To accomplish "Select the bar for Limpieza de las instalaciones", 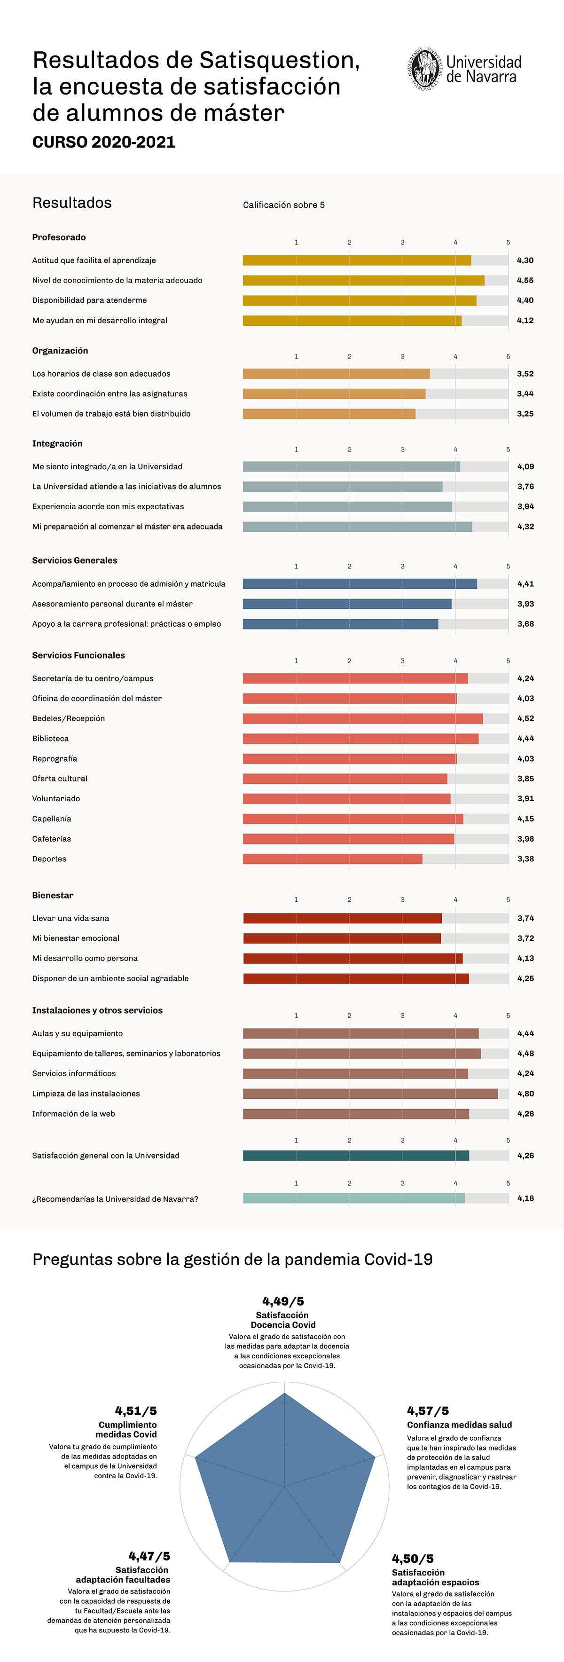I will (x=370, y=1094).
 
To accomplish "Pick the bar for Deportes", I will (x=332, y=859).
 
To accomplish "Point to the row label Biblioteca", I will (x=50, y=738).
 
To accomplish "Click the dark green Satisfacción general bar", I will (x=356, y=1156).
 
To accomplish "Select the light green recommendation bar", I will (x=353, y=1198).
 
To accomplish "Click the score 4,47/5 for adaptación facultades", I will (x=149, y=1556).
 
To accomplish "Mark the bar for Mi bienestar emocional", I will (x=342, y=938).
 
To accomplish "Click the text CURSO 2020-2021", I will (x=104, y=142).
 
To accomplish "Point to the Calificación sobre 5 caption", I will (x=283, y=205).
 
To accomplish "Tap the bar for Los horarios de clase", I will (x=336, y=374).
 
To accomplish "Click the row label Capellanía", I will (x=52, y=819).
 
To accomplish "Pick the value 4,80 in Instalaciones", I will (x=525, y=1094).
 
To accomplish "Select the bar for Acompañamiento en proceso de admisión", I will (x=360, y=584).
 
